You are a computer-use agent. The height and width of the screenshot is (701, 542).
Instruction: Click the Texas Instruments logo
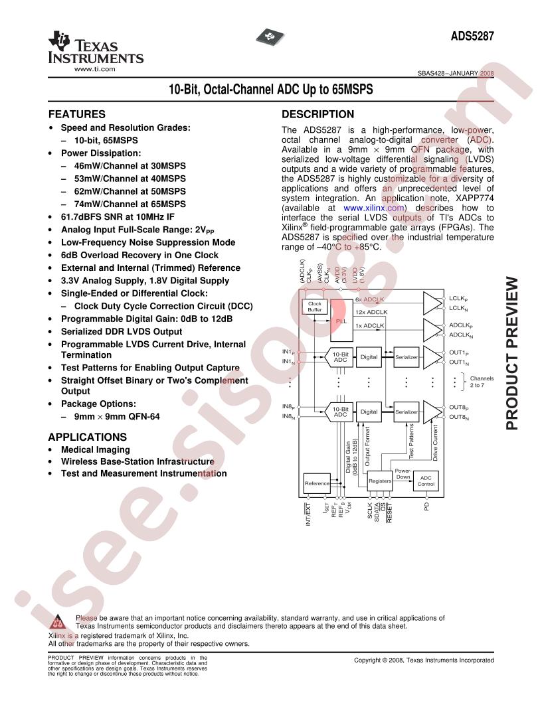pos(96,51)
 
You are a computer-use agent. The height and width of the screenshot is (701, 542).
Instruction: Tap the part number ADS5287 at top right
pos(472,36)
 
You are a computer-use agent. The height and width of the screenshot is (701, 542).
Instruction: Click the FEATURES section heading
pos(77,114)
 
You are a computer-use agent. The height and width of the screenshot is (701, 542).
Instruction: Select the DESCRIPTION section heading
pos(317,114)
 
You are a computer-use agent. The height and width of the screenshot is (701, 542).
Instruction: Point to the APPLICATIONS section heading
pos(88,437)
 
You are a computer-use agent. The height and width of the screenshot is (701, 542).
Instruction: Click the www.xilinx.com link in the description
pos(374,208)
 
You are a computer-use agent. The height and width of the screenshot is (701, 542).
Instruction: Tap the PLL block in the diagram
pos(341,321)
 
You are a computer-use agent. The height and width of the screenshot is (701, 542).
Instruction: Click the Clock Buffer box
pos(314,307)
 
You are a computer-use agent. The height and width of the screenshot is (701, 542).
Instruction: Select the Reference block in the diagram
pos(317,483)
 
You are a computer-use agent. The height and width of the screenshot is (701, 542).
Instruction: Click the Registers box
pos(380,481)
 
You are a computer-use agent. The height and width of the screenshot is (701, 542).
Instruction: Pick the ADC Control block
pos(426,481)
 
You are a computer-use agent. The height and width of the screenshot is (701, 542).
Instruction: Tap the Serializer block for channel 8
pos(406,412)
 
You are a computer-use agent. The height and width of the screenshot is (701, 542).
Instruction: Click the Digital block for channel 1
pos(369,356)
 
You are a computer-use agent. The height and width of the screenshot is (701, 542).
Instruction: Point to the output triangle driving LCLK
pos(432,303)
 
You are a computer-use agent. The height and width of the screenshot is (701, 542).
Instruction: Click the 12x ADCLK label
pos(371,312)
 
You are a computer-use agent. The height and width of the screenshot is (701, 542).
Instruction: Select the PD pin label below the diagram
pos(426,506)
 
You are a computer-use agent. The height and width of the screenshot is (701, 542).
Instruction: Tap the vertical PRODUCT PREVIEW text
pos(513,354)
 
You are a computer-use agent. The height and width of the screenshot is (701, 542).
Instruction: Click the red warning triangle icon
pos(57,621)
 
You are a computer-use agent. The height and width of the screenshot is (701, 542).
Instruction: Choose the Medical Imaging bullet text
pos(96,450)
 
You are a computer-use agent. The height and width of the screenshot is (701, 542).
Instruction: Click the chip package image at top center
pos(270,37)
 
